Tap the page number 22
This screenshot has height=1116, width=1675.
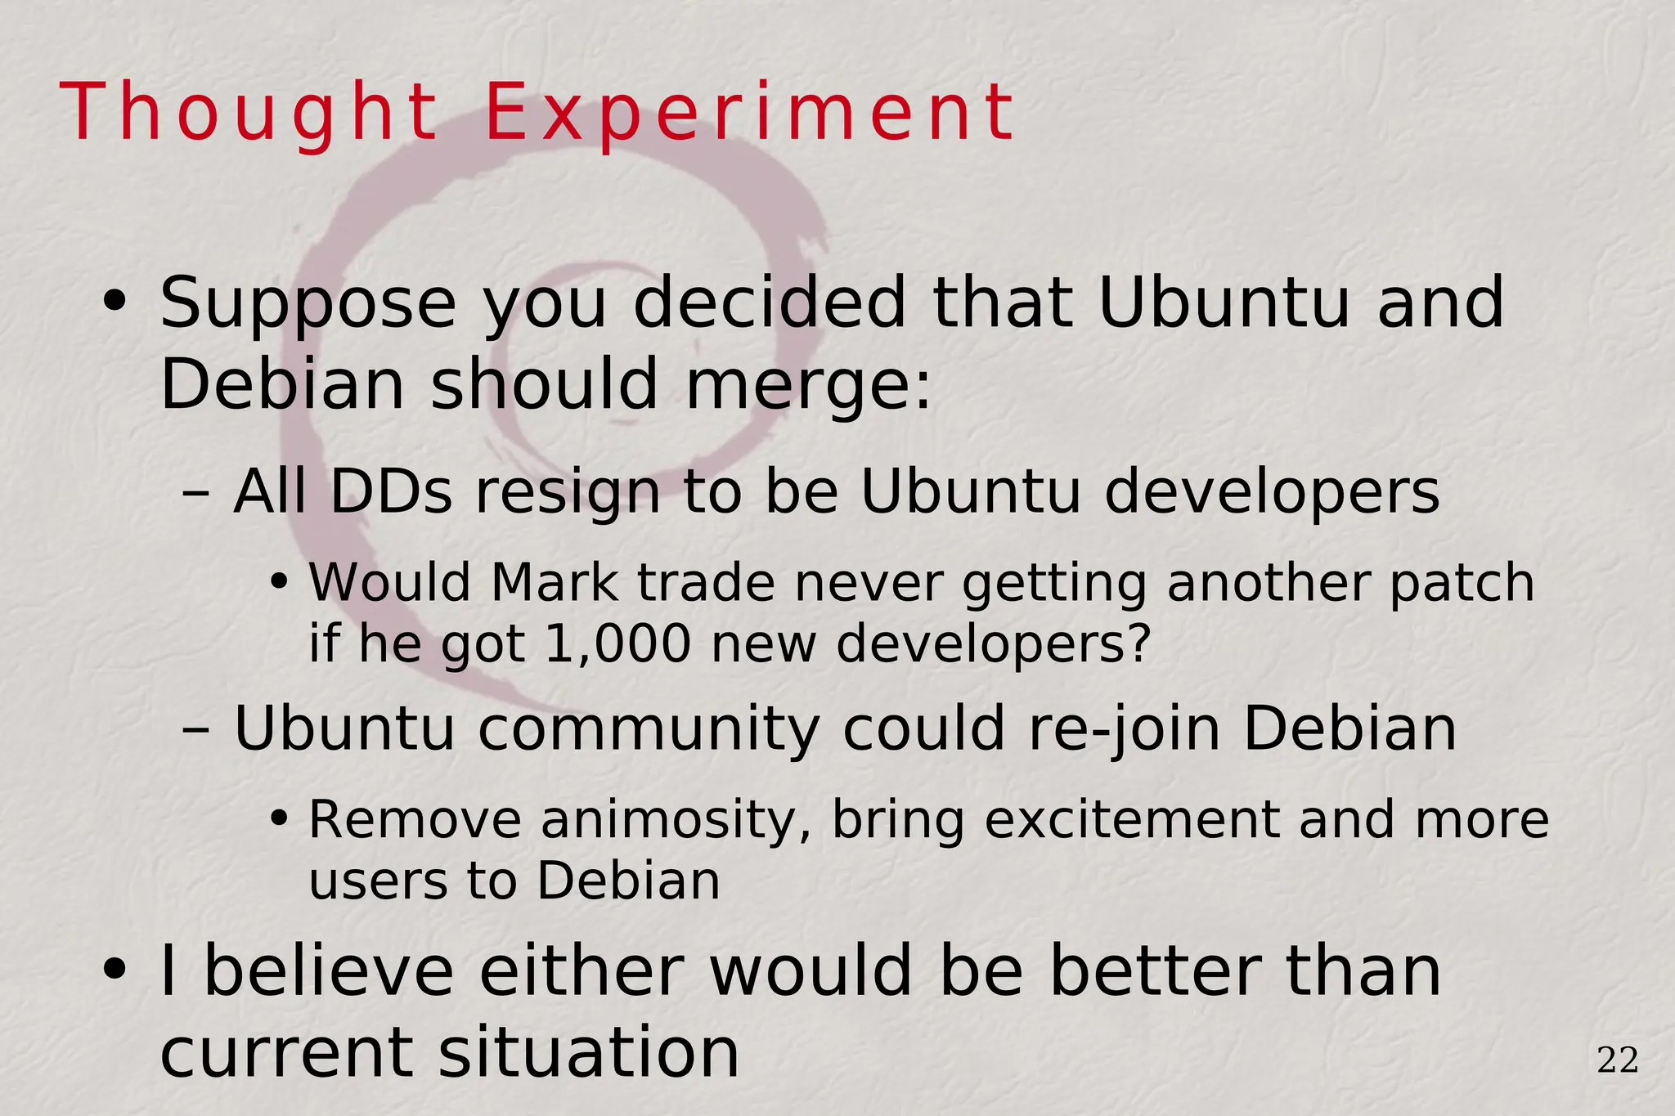(x=1617, y=1061)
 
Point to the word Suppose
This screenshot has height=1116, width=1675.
(x=308, y=304)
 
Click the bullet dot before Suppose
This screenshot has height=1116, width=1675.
(x=114, y=302)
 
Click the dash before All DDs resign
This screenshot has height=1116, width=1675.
(x=195, y=494)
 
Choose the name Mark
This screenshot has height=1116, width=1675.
(x=554, y=584)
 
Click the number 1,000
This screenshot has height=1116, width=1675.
(x=618, y=644)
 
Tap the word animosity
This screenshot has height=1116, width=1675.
(x=676, y=821)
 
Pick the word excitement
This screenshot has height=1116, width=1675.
(x=1132, y=820)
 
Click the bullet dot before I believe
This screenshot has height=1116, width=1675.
(x=114, y=970)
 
